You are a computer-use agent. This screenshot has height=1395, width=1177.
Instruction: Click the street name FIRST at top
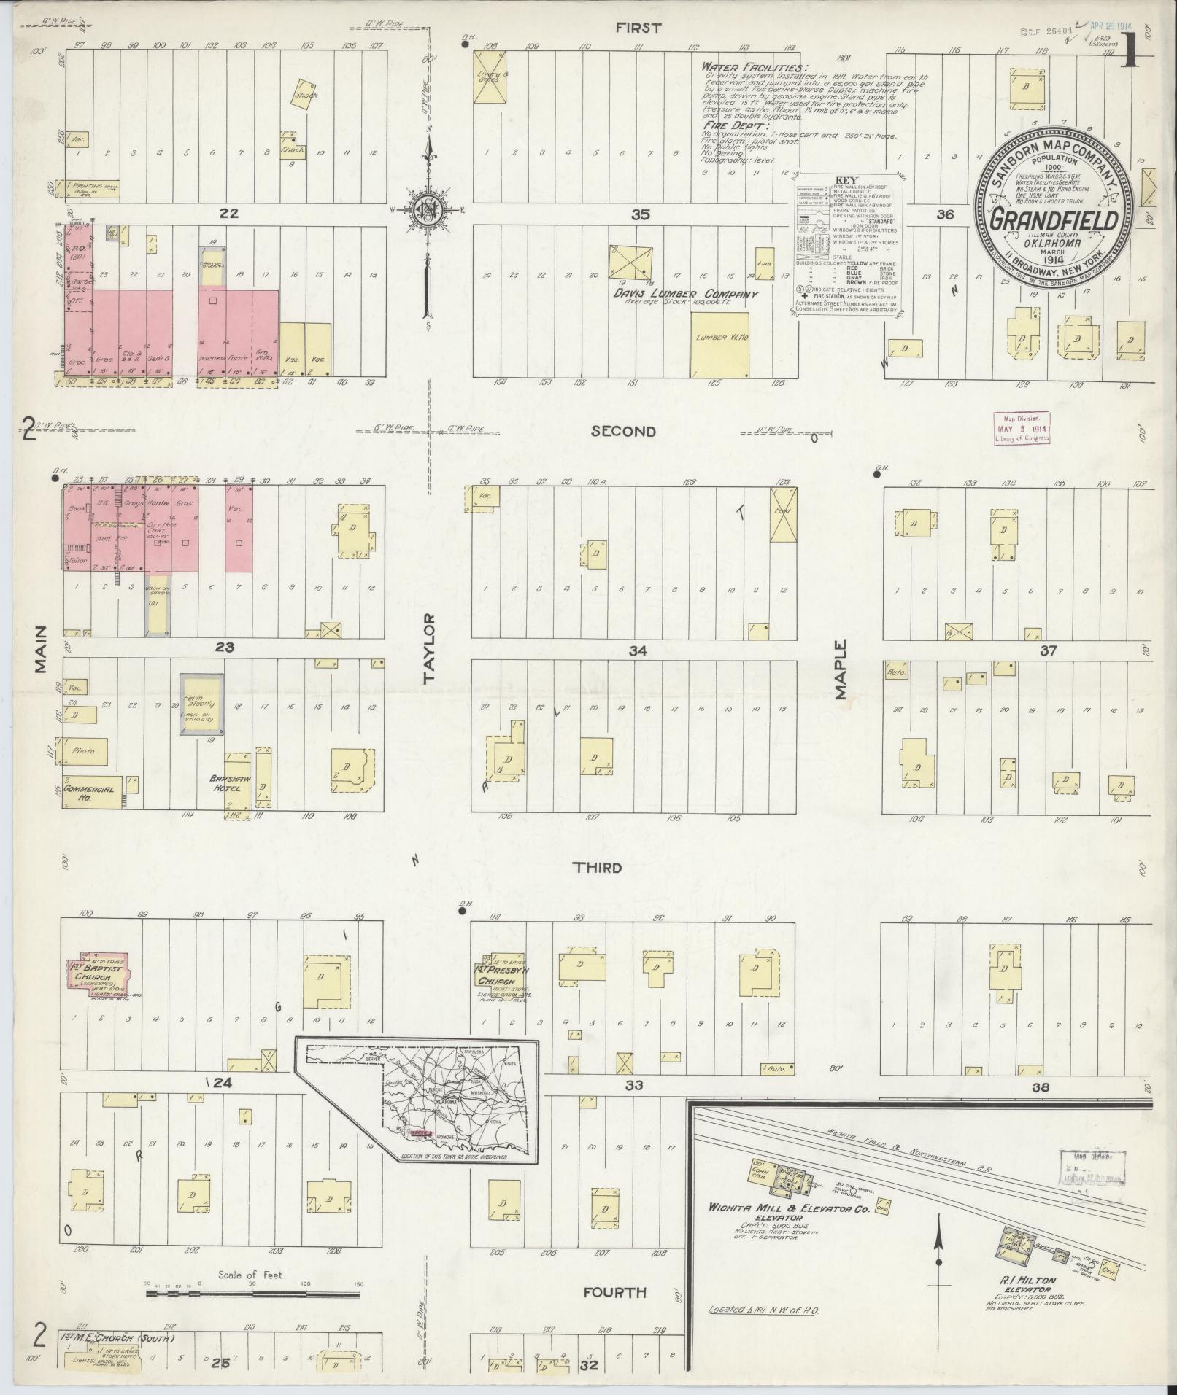coord(638,28)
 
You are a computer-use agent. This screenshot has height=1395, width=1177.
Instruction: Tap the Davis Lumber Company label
coord(687,294)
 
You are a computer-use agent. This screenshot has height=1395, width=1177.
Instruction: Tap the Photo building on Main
coord(86,750)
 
